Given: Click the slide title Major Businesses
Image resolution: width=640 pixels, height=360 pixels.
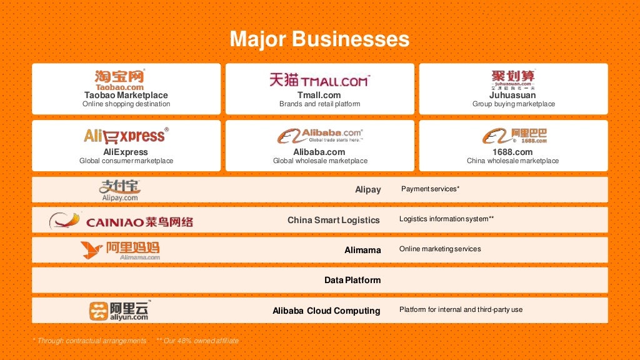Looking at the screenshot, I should coord(319,39).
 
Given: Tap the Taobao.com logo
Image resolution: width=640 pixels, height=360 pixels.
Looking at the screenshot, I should coord(119,79).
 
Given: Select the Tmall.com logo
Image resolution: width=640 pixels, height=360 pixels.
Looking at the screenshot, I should coord(319,79).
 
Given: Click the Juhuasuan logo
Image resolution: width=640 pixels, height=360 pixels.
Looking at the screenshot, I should coord(513,79).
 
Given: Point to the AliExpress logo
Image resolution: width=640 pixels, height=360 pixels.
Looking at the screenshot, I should coord(126,135).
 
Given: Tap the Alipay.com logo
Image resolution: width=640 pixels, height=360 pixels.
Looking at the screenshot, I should coord(120,189).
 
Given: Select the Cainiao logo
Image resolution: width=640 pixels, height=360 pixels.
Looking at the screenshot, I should coord(121,221).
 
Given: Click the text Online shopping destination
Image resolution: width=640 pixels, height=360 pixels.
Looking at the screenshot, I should coord(126,104).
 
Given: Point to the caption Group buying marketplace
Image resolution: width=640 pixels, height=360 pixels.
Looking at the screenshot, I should coord(513,104).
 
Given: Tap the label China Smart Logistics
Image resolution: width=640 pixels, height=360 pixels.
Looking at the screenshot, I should coord(333,220).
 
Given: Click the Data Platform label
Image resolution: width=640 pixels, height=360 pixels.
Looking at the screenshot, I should coord(352,280).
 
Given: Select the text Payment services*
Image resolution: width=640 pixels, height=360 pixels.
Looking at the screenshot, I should coord(430,189).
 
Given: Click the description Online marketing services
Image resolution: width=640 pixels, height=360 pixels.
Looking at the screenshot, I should coord(440,249).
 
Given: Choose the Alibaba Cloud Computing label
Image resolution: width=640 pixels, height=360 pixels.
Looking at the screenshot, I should coord(326,311).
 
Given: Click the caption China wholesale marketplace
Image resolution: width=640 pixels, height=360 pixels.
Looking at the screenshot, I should coord(512,161).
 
